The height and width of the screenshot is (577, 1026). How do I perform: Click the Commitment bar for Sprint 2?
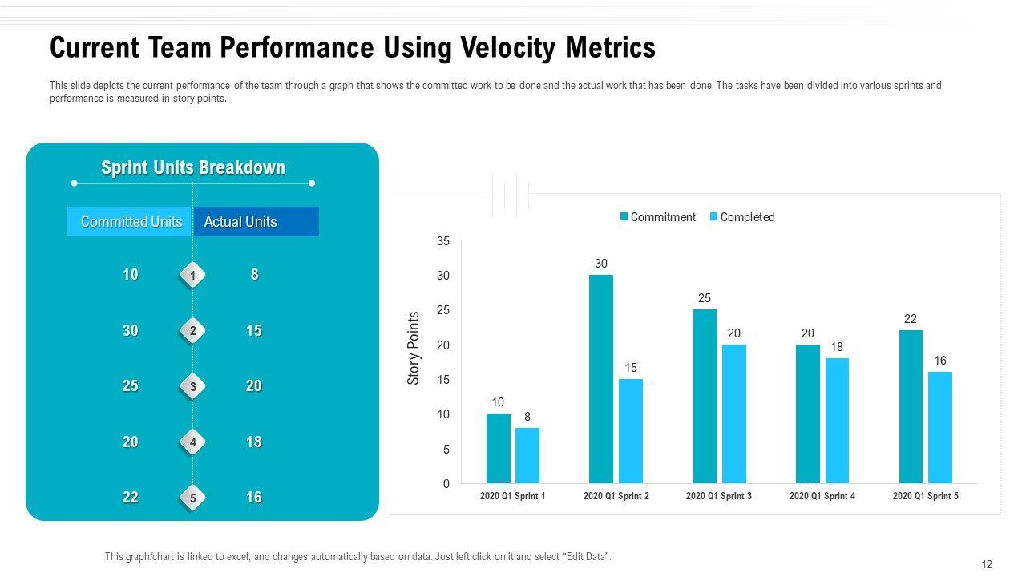600,379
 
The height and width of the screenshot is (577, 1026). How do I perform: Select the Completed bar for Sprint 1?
527,455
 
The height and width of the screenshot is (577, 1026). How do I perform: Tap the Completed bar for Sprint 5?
940,427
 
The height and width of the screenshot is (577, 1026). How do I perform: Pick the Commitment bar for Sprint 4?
807,414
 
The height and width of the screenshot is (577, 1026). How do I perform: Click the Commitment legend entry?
658,217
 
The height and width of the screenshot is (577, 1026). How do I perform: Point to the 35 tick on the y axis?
443,241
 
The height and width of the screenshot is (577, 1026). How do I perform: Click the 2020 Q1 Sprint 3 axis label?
719,496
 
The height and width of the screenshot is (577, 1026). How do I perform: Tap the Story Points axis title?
414,349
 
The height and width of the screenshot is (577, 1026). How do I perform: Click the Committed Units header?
131,222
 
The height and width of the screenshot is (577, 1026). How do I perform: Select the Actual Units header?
240,222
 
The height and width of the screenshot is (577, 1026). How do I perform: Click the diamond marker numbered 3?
193,387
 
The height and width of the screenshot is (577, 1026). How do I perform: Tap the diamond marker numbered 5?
193,498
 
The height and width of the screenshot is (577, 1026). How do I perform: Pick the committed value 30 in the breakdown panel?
130,330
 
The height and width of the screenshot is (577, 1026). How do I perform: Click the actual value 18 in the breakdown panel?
254,442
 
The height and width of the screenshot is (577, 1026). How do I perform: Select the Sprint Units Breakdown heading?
193,167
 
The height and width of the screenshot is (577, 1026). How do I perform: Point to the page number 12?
987,564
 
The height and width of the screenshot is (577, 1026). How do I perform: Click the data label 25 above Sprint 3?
705,298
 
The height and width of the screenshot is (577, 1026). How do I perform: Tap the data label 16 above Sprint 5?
940,361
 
